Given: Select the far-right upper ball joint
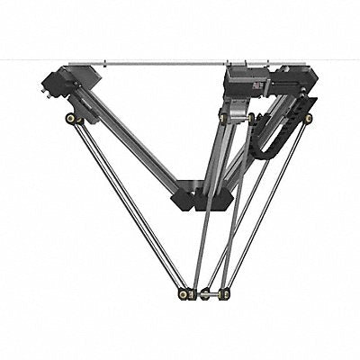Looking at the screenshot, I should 308,118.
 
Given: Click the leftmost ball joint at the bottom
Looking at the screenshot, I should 184,293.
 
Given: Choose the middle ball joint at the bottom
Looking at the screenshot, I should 205,294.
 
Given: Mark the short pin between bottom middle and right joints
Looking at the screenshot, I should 215,293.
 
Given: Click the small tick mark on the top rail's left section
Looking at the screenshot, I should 105,63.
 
